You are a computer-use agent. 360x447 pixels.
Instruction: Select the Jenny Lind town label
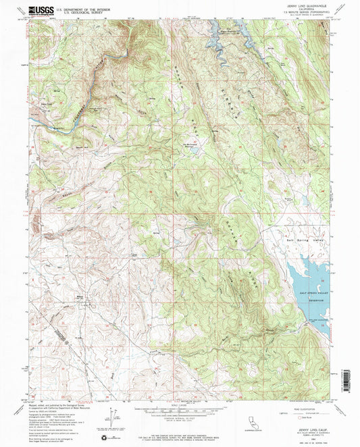(47, 104)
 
